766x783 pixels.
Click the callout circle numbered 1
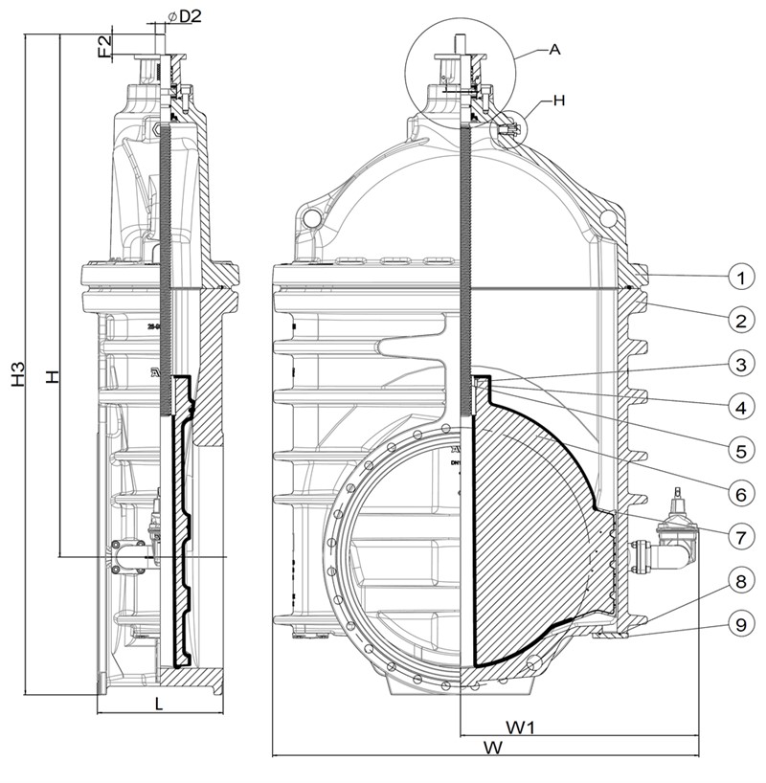tap(739, 277)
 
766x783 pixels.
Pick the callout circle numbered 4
tap(739, 406)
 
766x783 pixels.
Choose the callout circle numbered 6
tap(739, 493)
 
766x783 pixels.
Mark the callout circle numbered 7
tap(739, 536)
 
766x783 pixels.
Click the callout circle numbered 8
tap(739, 580)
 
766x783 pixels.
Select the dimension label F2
tap(105, 47)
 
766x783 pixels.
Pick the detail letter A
tap(554, 50)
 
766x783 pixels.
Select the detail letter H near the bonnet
tap(560, 100)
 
